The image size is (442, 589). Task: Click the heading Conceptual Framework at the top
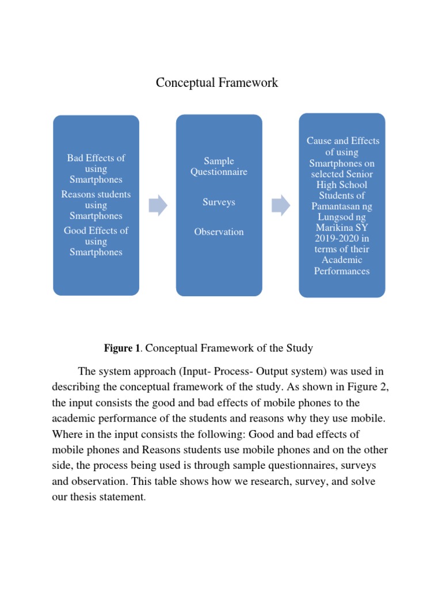217,83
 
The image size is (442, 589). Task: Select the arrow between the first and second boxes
158,205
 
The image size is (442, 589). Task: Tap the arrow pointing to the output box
281,205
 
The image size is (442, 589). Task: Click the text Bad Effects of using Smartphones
96,169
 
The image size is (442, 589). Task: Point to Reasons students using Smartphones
96,205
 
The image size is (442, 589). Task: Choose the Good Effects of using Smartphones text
96,241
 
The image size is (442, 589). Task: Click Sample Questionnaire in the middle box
219,166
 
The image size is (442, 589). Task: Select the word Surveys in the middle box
219,202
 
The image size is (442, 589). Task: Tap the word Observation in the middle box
219,232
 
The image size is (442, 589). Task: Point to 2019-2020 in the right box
342,239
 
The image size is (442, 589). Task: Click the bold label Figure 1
122,348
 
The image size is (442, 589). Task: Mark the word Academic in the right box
342,260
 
